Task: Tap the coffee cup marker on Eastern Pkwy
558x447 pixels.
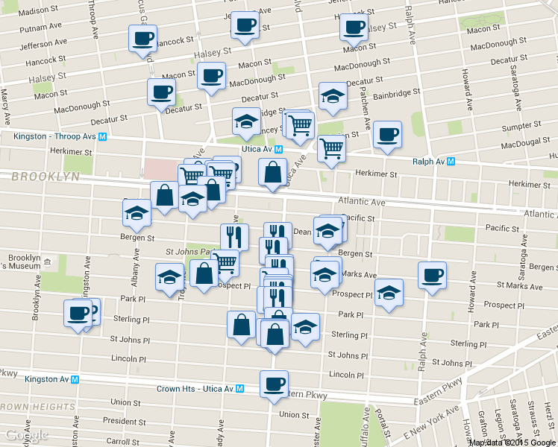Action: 274,384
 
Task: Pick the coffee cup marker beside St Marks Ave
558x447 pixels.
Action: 432,276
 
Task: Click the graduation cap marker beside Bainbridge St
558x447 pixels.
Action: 333,95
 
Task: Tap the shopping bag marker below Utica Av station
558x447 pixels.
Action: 272,173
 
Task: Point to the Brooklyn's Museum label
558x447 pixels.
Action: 24,262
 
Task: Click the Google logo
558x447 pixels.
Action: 25,435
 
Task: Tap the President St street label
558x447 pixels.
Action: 124,421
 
